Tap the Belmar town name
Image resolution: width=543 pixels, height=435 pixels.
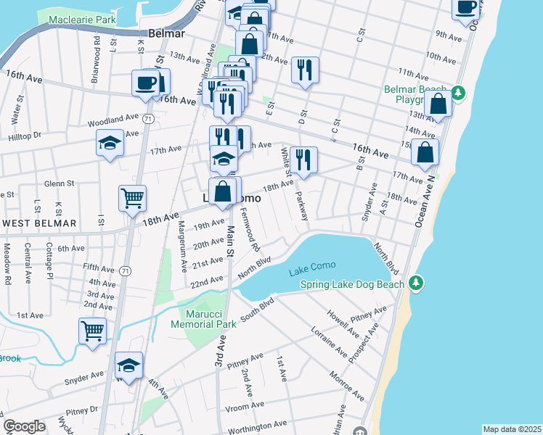click(x=166, y=33)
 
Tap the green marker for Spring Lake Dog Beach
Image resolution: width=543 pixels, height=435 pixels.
click(x=415, y=281)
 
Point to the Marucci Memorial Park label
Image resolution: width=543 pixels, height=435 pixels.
click(x=208, y=319)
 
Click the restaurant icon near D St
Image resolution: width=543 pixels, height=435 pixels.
click(x=303, y=70)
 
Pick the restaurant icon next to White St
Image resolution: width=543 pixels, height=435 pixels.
click(x=303, y=159)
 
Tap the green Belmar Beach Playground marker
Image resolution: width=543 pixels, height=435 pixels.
click(x=458, y=92)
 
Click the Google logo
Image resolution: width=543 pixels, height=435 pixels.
click(x=24, y=426)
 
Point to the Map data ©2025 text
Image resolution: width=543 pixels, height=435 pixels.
click(x=511, y=429)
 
